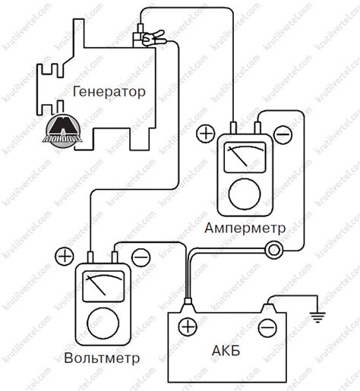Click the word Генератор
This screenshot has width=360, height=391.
click(109, 91)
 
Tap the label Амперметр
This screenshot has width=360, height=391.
click(245, 228)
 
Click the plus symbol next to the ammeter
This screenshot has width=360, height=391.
click(206, 133)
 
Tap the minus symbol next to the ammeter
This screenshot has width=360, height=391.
click(282, 134)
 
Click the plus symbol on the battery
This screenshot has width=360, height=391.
click(186, 328)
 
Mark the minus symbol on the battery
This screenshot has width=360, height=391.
click(267, 328)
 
